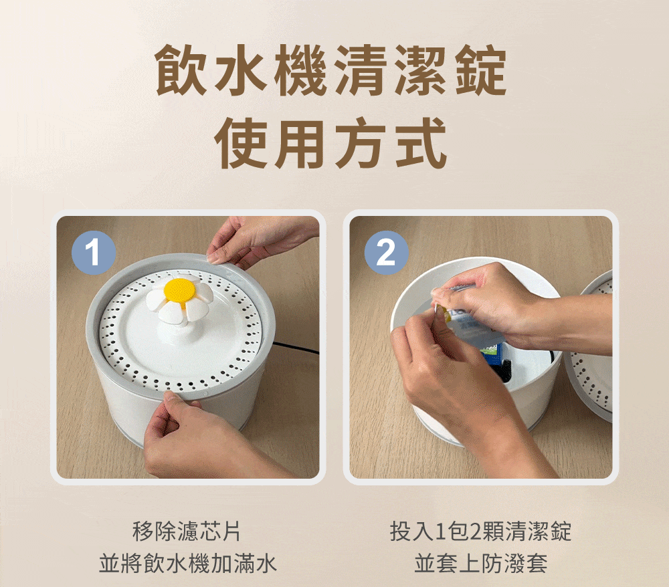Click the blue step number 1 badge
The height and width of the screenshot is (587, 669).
pos(94,252)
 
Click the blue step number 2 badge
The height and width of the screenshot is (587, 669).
pos(387,252)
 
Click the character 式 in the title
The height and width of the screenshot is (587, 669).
pos(421,143)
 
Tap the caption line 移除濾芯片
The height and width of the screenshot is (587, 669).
pos(187,531)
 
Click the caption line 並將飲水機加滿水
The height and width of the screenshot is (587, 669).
pos(188,563)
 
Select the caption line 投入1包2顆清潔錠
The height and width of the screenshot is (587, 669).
pos(480,531)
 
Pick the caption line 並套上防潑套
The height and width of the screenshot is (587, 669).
pos(481,563)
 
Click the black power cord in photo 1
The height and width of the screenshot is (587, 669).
pos(296,348)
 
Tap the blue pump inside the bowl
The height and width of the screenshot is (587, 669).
pos(495,358)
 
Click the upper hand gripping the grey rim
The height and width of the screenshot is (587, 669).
pos(256,239)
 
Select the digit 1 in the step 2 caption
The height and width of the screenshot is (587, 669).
pos(441,532)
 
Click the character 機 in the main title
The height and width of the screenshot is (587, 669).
pos(302,70)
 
